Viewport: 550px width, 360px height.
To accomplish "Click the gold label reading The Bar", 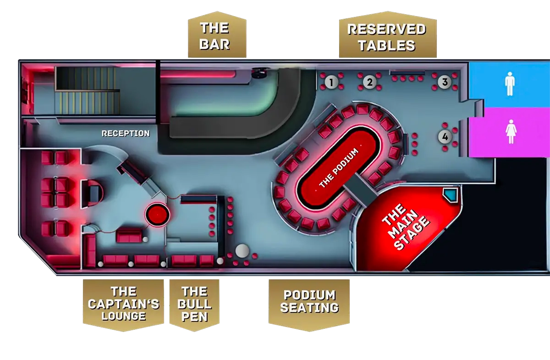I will (x=215, y=36).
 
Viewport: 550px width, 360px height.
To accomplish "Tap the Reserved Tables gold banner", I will (x=387, y=37).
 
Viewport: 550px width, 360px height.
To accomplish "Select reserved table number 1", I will (x=331, y=82).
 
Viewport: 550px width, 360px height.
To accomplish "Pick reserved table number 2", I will (x=369, y=82).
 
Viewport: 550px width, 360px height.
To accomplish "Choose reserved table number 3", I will (x=444, y=82).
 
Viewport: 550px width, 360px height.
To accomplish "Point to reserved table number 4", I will (x=444, y=136).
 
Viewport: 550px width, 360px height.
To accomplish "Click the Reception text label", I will (x=125, y=134).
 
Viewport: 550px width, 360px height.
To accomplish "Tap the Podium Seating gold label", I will (x=309, y=301).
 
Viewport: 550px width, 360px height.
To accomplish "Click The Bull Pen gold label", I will (x=195, y=304).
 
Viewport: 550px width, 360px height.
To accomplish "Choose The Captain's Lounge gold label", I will (x=123, y=304).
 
